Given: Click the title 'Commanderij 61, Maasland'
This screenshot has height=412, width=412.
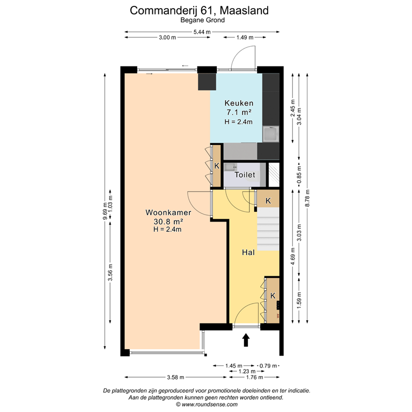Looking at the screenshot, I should (x=199, y=10).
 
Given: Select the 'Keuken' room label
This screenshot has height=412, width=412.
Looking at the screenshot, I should (x=239, y=103).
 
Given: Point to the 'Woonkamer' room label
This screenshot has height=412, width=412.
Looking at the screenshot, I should (x=168, y=212).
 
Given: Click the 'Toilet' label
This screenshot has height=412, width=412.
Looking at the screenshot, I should (x=244, y=175).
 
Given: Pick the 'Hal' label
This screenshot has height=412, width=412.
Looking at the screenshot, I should (x=247, y=252).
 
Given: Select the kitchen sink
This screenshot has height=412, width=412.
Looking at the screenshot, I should (x=271, y=133).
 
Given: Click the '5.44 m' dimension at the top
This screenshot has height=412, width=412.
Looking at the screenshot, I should (x=202, y=32).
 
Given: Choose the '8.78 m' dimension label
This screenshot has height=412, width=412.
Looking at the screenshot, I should (x=307, y=200).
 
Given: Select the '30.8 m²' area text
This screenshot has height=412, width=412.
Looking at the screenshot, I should (x=168, y=221).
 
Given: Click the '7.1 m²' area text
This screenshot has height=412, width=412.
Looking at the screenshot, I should (x=239, y=112).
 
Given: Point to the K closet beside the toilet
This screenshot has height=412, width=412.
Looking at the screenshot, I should (x=217, y=166).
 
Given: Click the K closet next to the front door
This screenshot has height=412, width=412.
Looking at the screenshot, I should (x=273, y=296).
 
